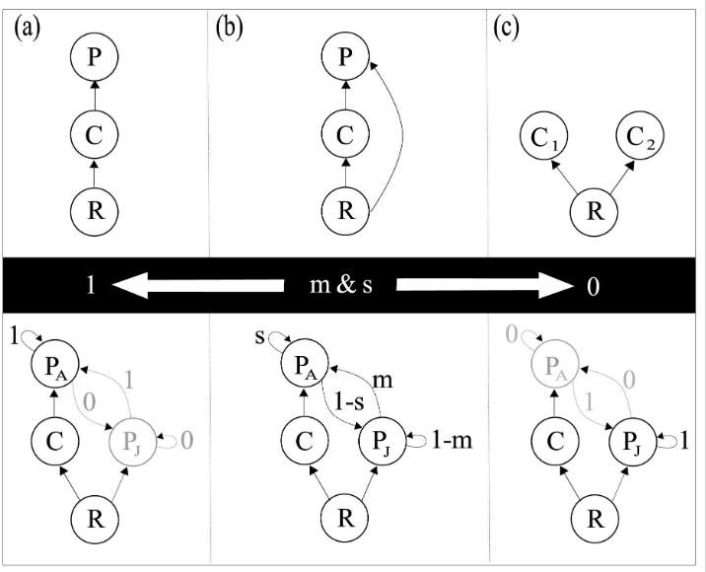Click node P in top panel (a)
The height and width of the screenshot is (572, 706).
[x=92, y=58]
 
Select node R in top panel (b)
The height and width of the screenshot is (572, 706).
[x=344, y=211]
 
